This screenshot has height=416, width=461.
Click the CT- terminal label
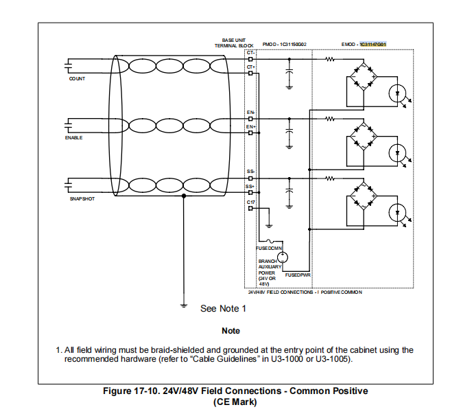251,53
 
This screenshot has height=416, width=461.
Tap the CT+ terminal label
251,67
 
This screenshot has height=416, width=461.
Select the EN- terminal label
251,112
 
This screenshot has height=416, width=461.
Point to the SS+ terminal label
251,186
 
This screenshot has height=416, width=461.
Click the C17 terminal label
251,203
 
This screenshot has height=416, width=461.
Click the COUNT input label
77,79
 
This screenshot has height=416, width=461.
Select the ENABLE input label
74,138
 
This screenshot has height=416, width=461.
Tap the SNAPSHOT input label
82,199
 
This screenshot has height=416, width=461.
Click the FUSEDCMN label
270,248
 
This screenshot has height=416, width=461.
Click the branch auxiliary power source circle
282,257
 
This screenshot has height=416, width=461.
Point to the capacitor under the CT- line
290,70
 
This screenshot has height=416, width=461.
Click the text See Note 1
223,309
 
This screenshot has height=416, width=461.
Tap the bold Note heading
230,331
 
